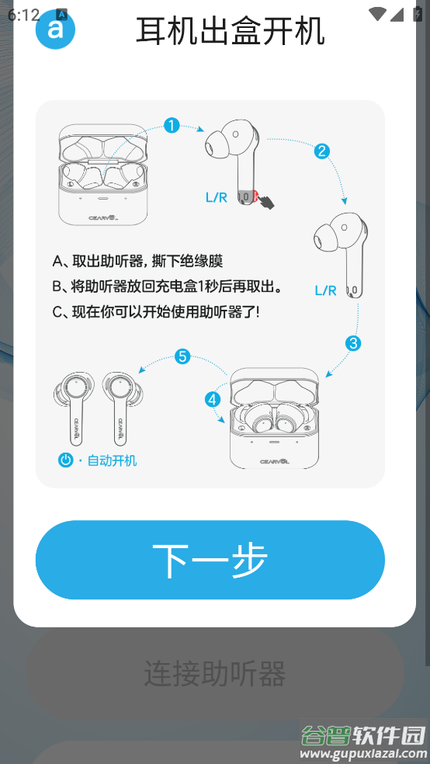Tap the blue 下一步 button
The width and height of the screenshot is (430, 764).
(210, 560)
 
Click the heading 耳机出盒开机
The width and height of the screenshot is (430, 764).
(230, 32)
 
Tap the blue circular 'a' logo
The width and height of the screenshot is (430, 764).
(55, 30)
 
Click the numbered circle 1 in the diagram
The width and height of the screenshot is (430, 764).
(172, 125)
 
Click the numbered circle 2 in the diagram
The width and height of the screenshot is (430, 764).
(321, 151)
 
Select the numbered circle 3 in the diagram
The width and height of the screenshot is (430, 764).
(353, 342)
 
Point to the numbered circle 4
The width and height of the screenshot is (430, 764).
(213, 399)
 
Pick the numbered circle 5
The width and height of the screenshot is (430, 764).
(182, 356)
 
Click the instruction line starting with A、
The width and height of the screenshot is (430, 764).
(137, 261)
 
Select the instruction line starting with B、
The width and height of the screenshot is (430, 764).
(166, 286)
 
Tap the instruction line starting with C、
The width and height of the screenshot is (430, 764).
(155, 312)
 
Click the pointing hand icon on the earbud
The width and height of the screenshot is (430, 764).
(266, 201)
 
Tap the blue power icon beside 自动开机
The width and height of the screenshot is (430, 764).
(66, 460)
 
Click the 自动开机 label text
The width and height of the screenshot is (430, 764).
(112, 460)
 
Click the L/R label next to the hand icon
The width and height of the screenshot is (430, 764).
(216, 197)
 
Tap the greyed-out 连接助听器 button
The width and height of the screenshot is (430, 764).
(215, 673)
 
